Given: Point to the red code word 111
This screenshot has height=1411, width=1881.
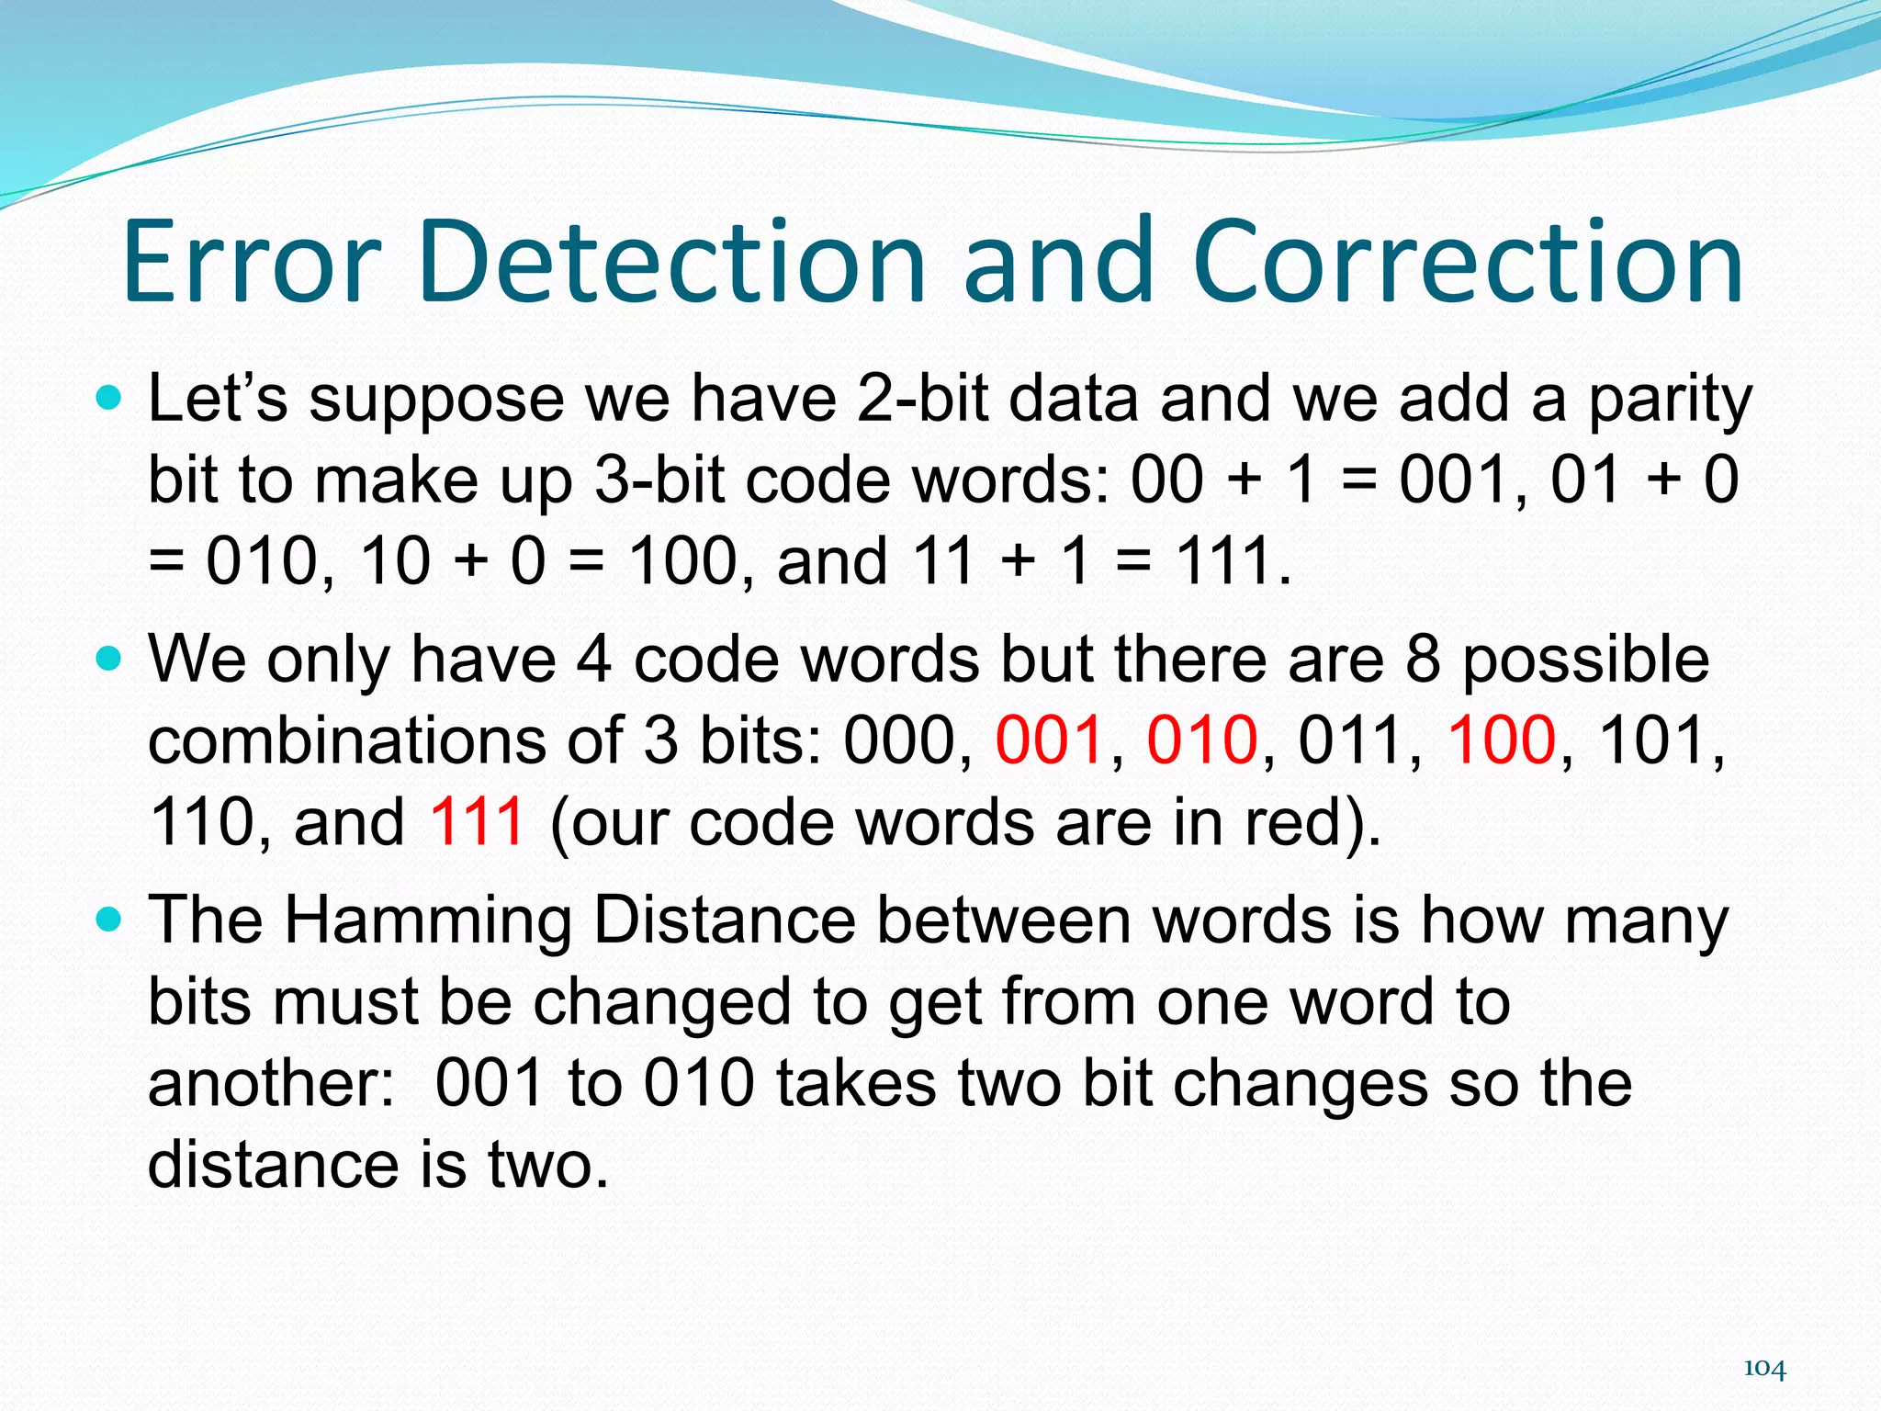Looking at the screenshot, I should tap(477, 820).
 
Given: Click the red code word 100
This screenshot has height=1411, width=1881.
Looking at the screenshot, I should tap(1502, 739).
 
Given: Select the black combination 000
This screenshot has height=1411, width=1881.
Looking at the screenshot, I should tap(898, 739).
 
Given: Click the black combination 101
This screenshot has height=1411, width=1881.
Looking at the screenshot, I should tap(1653, 739).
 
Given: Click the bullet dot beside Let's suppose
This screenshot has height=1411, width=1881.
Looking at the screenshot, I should tap(108, 399).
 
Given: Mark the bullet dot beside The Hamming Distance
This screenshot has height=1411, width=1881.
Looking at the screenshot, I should tap(108, 919).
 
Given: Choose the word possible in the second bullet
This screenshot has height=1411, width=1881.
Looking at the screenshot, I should tap(1584, 661).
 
